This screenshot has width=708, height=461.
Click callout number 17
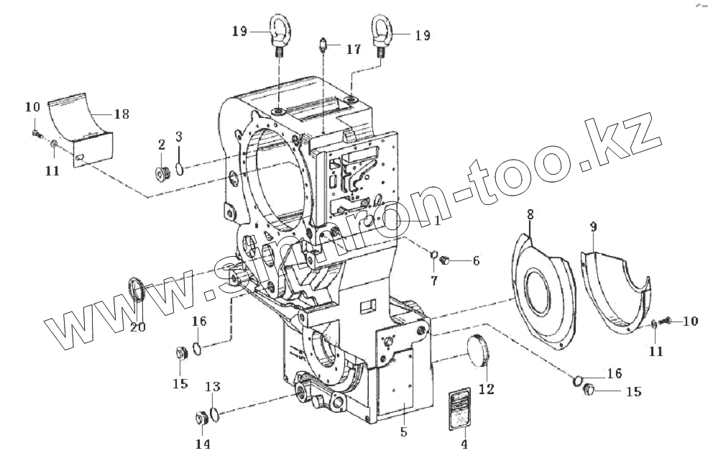[x=353, y=50]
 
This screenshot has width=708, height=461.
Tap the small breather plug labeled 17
[x=323, y=48]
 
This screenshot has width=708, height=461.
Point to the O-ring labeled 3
[x=179, y=170]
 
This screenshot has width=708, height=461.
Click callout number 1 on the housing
[x=436, y=222]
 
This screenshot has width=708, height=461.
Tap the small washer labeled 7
[x=434, y=252]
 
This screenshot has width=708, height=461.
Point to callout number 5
[x=403, y=432]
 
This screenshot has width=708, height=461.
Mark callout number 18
[x=121, y=114]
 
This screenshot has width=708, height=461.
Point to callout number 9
[x=593, y=227]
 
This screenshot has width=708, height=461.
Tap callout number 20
[x=137, y=327]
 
